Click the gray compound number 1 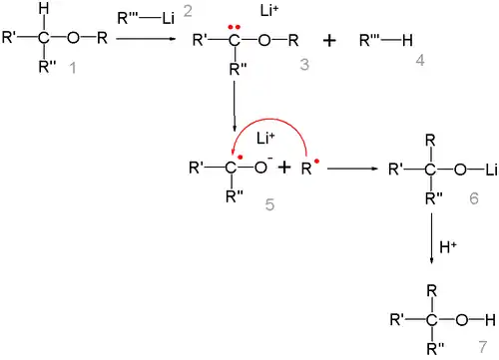[73, 68]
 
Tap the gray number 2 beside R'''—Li [188, 11]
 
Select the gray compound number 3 [304, 64]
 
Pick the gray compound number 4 [420, 61]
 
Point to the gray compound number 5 [269, 204]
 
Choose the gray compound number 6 [474, 198]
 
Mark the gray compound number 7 [483, 347]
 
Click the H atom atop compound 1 [44, 8]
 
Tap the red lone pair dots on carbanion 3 [235, 27]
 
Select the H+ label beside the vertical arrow [448, 247]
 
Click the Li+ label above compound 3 [269, 11]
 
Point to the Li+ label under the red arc [265, 138]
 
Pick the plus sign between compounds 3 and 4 [329, 41]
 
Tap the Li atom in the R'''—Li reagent [169, 18]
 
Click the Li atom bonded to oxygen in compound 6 [491, 170]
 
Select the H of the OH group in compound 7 [490, 320]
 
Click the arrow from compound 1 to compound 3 [146, 39]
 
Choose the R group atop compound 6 [430, 141]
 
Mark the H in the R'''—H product [407, 41]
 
